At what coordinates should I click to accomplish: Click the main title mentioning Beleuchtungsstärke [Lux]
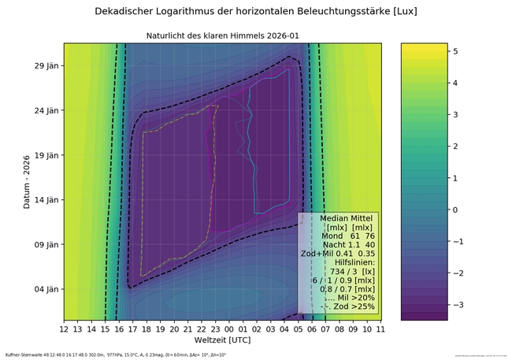click(x=255, y=12)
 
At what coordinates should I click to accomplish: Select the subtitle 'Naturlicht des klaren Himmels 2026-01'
click(x=223, y=36)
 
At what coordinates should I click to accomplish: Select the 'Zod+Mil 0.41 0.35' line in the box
click(x=340, y=254)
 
